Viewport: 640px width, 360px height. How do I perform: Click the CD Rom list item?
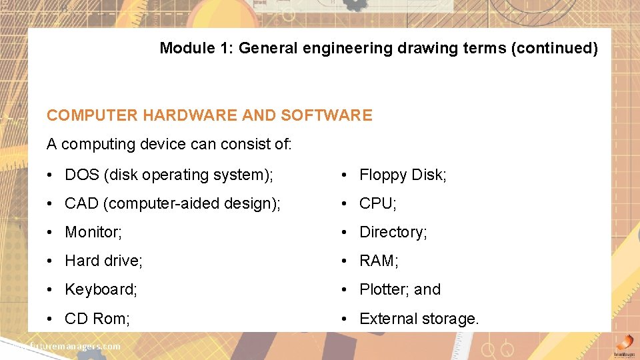click(x=97, y=319)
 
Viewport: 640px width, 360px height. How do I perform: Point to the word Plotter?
click(x=383, y=290)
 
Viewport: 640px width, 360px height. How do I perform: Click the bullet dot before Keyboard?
click(x=51, y=290)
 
